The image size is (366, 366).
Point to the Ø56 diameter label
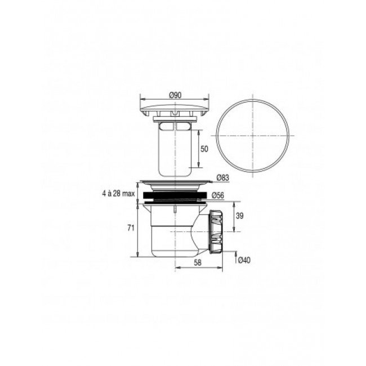[220, 195]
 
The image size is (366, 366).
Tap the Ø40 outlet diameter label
[243, 260]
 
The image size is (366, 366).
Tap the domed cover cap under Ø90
[174, 106]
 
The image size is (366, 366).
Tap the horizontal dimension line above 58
[197, 269]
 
